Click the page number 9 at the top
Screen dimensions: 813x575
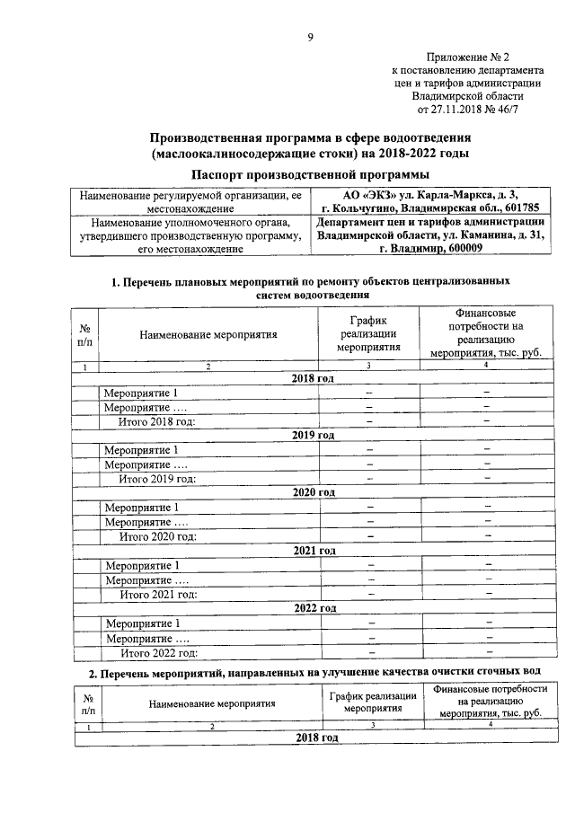(310, 37)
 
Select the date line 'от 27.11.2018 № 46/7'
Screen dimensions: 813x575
(464, 110)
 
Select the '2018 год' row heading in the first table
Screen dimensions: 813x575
(313, 379)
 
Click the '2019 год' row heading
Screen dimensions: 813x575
(313, 435)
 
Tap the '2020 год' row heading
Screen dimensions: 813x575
(313, 492)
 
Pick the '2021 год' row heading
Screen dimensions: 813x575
(313, 550)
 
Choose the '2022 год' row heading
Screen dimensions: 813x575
(313, 608)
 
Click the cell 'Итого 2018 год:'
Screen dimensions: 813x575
(157, 421)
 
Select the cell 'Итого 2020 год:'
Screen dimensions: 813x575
(157, 536)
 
